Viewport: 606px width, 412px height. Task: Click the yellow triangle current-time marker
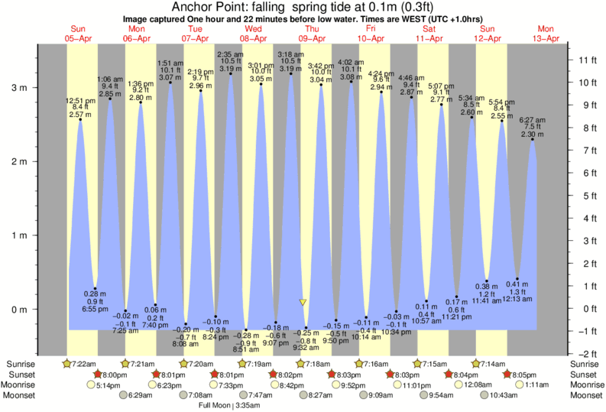coord(303,303)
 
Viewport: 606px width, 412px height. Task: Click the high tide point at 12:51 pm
coord(80,119)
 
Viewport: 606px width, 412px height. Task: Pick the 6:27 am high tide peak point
coord(533,139)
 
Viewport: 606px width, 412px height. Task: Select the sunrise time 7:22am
coord(86,363)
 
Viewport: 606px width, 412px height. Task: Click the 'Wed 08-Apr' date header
coord(254,34)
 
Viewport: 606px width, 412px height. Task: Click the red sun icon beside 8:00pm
coord(98,375)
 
